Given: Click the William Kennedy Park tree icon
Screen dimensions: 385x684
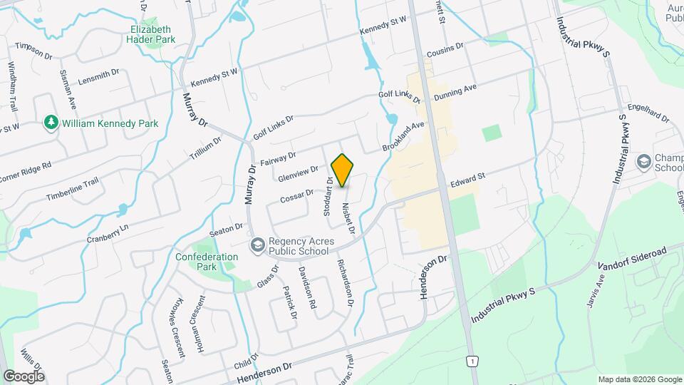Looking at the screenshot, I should click(51, 123).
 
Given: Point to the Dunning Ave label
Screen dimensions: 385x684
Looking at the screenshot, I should click(455, 92).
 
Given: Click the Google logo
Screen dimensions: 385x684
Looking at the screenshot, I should click(24, 376).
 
